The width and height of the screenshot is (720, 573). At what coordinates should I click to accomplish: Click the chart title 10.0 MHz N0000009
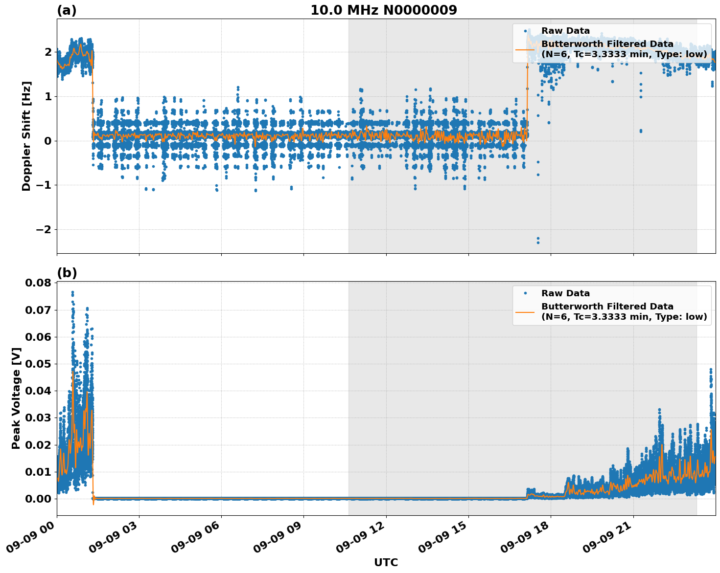[383, 10]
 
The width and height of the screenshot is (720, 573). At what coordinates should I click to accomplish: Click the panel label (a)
[67, 10]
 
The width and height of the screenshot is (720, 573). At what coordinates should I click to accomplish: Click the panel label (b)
[67, 273]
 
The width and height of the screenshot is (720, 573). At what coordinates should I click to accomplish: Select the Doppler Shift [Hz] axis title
[26, 136]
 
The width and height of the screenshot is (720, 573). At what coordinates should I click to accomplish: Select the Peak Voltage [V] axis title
[16, 398]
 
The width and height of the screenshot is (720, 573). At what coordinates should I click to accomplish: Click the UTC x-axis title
[386, 562]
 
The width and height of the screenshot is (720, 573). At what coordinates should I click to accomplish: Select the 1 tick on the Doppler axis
[48, 96]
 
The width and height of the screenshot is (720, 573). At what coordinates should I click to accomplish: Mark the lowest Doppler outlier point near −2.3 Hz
[538, 242]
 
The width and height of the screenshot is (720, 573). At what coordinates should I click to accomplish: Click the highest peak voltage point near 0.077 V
[72, 292]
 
